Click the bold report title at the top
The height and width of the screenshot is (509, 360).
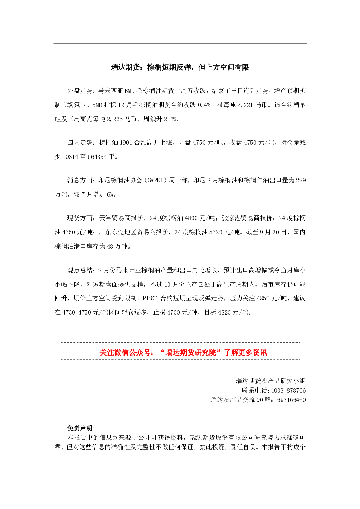180,67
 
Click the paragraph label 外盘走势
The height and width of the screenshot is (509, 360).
80,91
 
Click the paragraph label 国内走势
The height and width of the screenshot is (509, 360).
80,143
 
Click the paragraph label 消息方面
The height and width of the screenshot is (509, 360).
80,180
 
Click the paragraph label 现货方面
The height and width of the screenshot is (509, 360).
80,218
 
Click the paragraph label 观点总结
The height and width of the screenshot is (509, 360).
80,270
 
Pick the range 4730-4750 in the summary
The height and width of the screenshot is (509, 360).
77,312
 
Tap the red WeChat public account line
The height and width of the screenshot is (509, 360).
183,352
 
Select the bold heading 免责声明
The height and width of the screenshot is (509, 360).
80,428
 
